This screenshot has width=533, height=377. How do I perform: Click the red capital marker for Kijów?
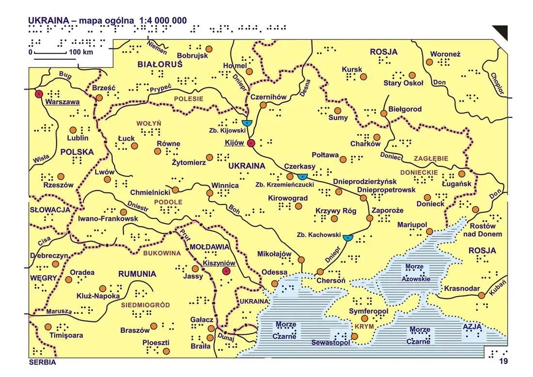click(251, 143)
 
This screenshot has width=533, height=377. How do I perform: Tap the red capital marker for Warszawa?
click(39, 94)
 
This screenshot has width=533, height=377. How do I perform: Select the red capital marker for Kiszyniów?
click(225, 271)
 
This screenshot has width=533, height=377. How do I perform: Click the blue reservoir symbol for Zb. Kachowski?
click(347, 237)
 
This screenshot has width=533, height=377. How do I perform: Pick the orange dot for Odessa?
click(275, 283)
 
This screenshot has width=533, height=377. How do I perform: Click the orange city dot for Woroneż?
click(429, 63)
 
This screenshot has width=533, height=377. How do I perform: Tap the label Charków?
click(365, 144)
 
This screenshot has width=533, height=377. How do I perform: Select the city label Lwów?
click(105, 173)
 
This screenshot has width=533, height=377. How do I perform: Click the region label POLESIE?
click(188, 99)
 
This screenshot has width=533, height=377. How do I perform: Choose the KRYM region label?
click(363, 327)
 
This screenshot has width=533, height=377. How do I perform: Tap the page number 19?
click(503, 361)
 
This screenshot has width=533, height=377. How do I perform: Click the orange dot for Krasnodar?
click(481, 295)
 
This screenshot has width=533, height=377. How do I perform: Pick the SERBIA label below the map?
click(42, 362)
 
